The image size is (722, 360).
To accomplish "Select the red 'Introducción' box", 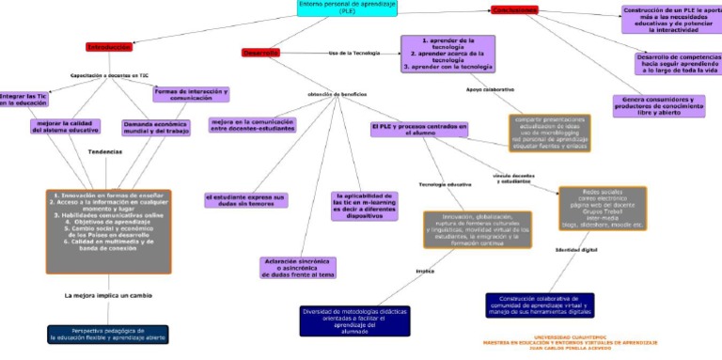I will [x=109, y=46].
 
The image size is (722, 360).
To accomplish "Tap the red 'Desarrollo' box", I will [x=260, y=54].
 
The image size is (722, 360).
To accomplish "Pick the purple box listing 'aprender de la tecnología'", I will [x=447, y=55].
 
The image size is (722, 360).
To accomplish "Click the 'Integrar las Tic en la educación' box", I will [x=24, y=100].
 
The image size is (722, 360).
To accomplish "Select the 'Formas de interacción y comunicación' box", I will [x=191, y=94].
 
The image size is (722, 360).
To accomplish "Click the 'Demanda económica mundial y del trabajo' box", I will [x=157, y=127].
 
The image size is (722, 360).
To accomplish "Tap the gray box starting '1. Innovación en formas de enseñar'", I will [x=108, y=219].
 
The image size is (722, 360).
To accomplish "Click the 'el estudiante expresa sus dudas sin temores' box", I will [x=244, y=199].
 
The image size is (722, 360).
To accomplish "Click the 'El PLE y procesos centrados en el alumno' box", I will [x=418, y=130].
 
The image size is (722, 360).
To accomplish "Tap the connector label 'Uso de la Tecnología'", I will [x=353, y=54].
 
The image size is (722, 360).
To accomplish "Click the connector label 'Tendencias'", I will [x=104, y=152].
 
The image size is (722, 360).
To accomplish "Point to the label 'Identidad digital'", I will [x=576, y=251].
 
